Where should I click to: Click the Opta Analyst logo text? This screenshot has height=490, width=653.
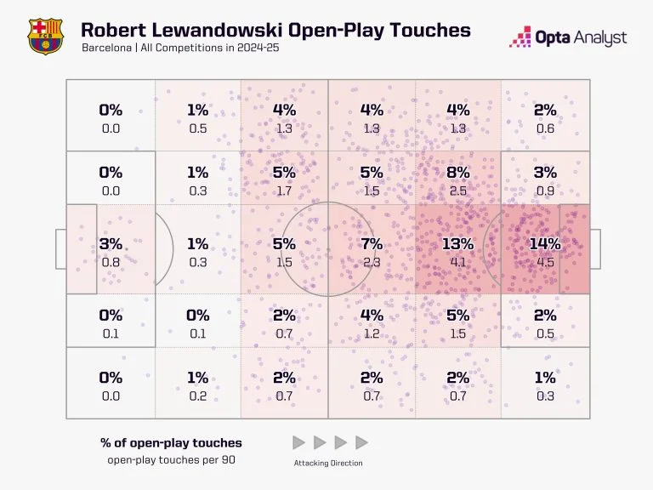[580, 37]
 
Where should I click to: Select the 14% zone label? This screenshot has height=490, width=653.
[545, 244]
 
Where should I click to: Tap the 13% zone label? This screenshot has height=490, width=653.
[457, 244]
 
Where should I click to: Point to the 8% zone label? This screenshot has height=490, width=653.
[457, 173]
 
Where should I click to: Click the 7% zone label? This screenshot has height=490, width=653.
[372, 244]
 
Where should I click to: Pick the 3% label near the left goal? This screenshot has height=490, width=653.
[111, 244]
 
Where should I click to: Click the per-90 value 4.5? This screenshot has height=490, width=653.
[545, 262]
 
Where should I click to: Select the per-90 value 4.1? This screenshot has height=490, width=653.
[457, 262]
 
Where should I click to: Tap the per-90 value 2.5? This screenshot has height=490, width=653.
[457, 191]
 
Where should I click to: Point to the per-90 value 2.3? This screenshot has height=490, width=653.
[372, 262]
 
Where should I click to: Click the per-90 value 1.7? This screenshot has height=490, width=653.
[284, 191]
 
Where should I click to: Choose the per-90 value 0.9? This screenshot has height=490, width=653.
[545, 191]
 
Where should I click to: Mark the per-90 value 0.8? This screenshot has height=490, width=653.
[111, 262]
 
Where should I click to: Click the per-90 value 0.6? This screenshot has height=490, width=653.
[545, 128]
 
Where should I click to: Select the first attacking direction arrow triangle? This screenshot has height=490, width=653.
[298, 442]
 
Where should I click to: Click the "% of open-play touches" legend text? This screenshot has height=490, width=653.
[171, 442]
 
